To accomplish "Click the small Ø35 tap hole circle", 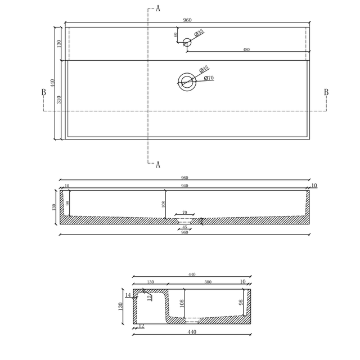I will tap(187, 40).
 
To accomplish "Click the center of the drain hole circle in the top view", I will tap(186, 82).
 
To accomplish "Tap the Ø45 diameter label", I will tap(204, 69).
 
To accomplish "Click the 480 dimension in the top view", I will tap(246, 49).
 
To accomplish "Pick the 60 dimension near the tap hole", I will tap(176, 34).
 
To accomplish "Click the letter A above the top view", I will tap(157, 8).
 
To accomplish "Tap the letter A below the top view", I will tap(157, 165).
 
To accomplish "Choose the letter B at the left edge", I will tap(43, 92).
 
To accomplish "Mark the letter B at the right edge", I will tap(326, 92).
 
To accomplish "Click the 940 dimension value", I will tap(184, 186).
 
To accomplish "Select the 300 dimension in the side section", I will tap(208, 282).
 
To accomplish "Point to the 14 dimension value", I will tap(128, 295).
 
